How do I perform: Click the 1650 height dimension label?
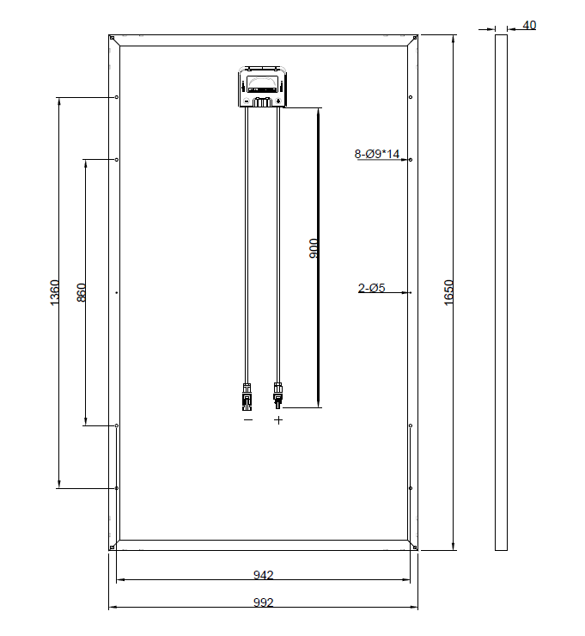point(448,292)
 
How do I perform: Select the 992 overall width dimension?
point(264,602)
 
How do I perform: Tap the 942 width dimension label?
point(264,575)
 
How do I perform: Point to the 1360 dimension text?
point(54,292)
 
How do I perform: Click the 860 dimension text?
point(82,292)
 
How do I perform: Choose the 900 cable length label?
point(314,248)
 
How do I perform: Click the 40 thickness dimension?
point(529,25)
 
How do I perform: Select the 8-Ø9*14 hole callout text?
point(377,154)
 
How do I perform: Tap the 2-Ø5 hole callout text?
point(371,288)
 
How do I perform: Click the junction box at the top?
point(263,87)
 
